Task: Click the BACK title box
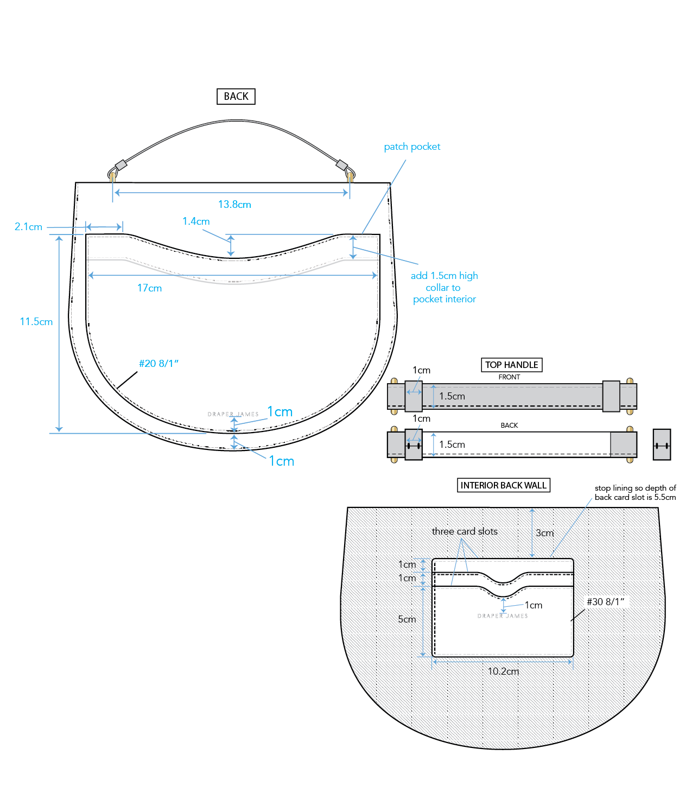236,96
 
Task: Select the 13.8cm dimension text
234,205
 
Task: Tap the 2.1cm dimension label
28,227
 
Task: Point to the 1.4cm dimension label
196,221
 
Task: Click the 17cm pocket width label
149,288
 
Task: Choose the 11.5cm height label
36,322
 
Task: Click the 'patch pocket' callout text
412,147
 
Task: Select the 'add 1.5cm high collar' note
444,287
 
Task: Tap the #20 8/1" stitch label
158,364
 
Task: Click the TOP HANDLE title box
511,365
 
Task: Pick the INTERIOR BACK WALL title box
503,485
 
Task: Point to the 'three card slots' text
465,531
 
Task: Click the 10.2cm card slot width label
503,671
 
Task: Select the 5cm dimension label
407,619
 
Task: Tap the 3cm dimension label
544,533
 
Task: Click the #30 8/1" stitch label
605,602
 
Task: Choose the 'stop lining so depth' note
635,492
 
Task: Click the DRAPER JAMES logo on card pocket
503,616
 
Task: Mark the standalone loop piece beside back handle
662,445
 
